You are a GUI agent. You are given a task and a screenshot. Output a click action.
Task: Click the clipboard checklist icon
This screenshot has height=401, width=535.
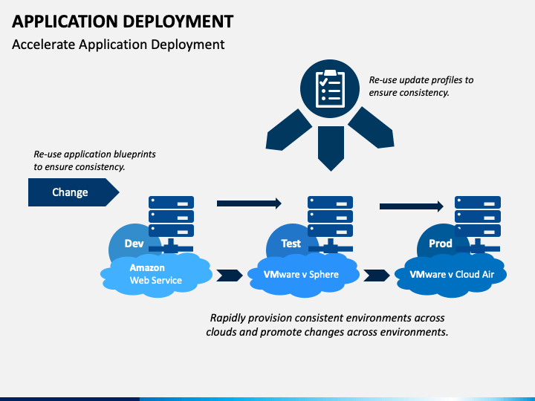tap(330, 88)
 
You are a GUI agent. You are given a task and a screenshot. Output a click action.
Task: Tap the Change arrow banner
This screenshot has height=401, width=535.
tap(74, 192)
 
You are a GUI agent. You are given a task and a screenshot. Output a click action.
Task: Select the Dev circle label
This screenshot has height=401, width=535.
tap(134, 244)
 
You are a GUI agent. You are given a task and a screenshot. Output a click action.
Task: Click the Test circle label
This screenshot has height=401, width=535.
tap(291, 244)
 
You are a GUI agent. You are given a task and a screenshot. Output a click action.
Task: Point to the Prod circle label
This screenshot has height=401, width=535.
tap(441, 244)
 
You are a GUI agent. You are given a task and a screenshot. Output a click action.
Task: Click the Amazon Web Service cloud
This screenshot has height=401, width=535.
tap(156, 276)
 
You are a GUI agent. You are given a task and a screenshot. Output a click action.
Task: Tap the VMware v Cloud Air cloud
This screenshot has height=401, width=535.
tap(450, 276)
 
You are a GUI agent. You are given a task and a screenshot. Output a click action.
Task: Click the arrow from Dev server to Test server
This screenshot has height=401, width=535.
tap(249, 203)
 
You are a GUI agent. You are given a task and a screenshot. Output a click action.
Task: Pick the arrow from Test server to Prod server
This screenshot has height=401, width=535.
tap(412, 206)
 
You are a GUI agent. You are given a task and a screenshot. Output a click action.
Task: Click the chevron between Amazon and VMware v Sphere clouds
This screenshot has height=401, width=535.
tap(230, 276)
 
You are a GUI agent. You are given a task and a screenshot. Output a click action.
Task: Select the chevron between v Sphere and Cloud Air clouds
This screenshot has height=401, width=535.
tap(376, 276)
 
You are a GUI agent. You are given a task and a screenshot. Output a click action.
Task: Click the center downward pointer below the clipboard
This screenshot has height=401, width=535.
tap(331, 148)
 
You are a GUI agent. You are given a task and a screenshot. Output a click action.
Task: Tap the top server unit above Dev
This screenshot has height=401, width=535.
tap(171, 202)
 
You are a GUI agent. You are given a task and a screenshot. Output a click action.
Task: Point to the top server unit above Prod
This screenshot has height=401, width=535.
tap(478, 202)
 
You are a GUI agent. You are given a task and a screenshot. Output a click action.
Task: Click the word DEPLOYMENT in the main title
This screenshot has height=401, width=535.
tap(178, 22)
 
